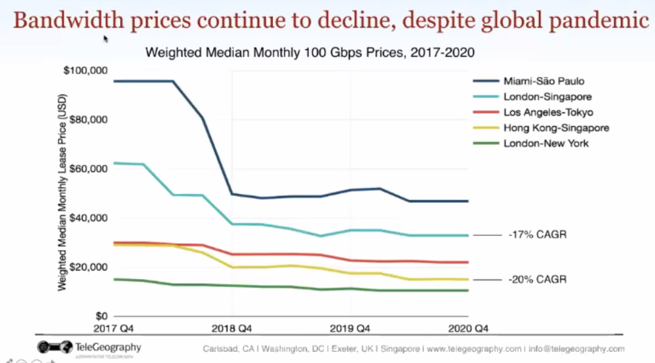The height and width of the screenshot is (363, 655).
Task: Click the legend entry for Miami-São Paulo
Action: coord(544,82)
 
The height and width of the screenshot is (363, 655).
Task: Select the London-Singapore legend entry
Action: coord(547,98)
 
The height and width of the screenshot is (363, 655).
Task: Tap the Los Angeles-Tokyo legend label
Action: coord(548,113)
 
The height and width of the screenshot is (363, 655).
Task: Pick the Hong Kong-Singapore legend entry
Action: coord(556,128)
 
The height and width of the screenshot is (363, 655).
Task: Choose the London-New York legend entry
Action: coord(546,143)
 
